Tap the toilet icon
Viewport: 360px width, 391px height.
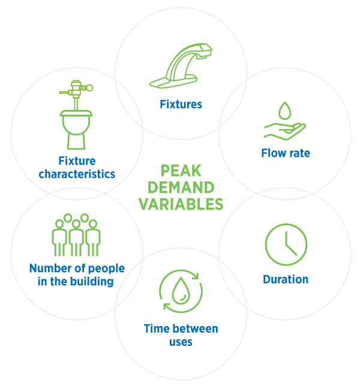[x=76, y=115]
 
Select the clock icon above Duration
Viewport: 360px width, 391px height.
[x=286, y=244]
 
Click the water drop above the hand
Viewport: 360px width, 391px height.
[x=285, y=111]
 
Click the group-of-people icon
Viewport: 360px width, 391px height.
[x=76, y=235]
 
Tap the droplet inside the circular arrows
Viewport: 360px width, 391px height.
[x=181, y=291]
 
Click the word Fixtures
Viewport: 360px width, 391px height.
[x=181, y=105]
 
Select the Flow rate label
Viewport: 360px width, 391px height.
[x=286, y=153]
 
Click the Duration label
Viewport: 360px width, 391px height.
[x=286, y=279]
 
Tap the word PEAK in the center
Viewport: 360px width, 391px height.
[x=181, y=171]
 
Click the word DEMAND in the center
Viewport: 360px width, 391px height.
[x=181, y=187]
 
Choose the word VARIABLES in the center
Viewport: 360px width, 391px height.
[x=181, y=204]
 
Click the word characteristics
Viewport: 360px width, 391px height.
[x=77, y=174]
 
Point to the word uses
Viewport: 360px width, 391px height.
[x=181, y=342]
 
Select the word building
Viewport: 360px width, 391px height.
[x=92, y=282]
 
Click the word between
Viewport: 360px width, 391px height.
[x=193, y=329]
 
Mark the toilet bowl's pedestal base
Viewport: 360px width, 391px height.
[x=76, y=142]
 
